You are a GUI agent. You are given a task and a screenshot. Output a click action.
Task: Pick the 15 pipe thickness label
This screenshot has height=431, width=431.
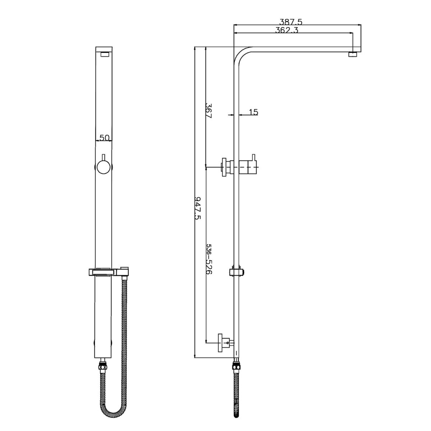click(253, 112)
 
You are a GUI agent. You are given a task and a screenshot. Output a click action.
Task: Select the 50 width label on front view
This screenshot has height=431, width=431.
click(104, 138)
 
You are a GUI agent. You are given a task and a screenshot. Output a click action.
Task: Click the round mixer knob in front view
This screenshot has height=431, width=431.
click(104, 167)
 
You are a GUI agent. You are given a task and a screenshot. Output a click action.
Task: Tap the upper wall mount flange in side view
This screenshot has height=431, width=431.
click(225, 167)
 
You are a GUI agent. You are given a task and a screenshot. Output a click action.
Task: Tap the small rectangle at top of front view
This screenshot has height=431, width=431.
click(105, 55)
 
